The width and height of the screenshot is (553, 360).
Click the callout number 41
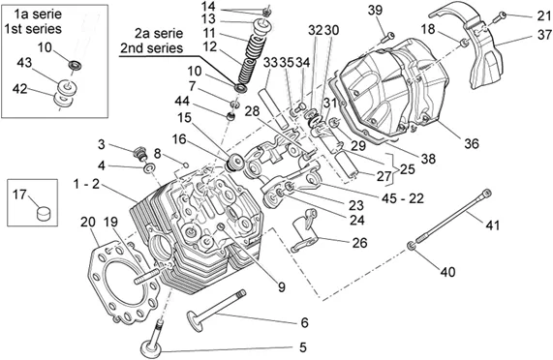pos(493,225)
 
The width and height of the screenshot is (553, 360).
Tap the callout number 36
pos(472,144)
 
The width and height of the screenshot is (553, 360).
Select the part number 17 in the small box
pos(19,195)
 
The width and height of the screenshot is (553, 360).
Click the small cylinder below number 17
pos(44,213)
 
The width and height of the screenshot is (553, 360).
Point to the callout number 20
pos(88,223)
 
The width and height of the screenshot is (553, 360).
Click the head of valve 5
pos(152,348)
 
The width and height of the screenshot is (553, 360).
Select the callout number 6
pos(304,322)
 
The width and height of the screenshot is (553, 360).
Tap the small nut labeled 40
pos(411,246)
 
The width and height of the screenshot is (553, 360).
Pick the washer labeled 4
pos(149,167)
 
